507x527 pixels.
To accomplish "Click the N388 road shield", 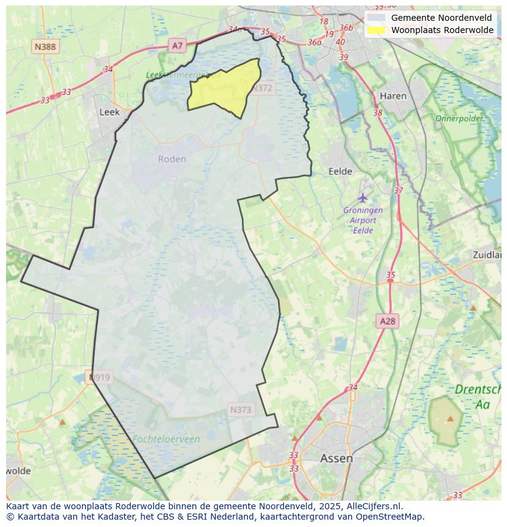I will [45, 47].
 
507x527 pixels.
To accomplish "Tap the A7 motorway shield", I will [177, 45].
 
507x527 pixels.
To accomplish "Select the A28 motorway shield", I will [388, 321].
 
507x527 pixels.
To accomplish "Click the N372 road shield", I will [261, 88].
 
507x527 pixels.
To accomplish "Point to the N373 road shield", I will [241, 410].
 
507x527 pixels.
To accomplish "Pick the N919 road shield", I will [100, 377].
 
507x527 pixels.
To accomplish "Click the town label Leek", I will [109, 112].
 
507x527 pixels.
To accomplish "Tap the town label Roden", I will [171, 159].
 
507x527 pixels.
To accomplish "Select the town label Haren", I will [392, 96].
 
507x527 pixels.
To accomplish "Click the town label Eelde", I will [340, 171].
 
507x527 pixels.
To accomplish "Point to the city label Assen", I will [336, 458].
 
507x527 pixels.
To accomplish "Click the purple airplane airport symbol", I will [363, 198].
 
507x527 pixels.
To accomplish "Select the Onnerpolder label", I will [459, 118].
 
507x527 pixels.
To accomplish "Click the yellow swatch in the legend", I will [377, 30].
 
